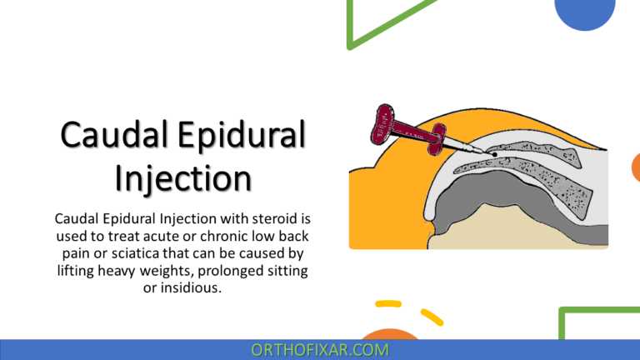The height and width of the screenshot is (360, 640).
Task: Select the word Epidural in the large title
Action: point(247,136)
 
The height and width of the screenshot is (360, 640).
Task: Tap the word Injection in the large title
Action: point(182,177)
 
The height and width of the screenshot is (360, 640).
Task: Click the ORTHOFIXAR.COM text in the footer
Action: point(319,350)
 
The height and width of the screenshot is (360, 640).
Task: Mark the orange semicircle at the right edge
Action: point(635,167)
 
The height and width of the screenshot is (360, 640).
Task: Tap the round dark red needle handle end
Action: point(382,117)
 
